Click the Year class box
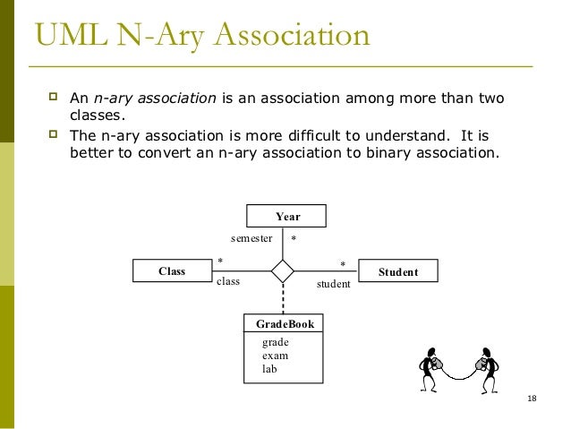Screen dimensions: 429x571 [286, 216]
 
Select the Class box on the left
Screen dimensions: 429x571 [171, 270]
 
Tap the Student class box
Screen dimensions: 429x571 [397, 270]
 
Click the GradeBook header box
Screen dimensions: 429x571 [285, 324]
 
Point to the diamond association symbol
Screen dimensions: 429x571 [283, 270]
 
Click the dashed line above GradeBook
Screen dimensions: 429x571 [283, 298]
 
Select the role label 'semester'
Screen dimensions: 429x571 [251, 239]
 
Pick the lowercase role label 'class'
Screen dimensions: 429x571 [229, 281]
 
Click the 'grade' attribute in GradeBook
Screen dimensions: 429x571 [275, 342]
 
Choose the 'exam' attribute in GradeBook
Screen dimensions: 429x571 [275, 356]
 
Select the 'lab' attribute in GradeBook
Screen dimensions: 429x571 [269, 368]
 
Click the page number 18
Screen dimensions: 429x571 [533, 398]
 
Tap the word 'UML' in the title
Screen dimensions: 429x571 [68, 39]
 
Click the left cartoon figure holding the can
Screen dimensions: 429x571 [432, 365]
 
